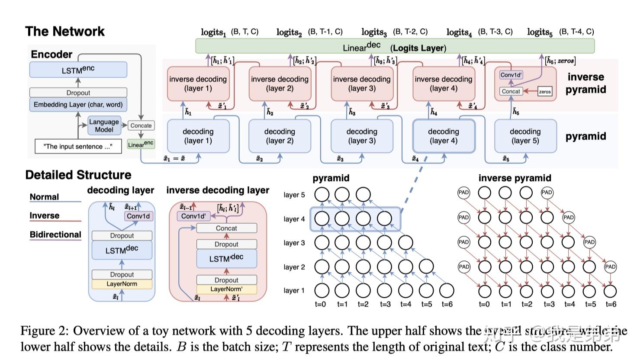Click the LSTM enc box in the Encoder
78,70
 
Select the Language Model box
104,125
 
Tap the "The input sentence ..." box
77,147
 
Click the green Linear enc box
141,144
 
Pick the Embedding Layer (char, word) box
78,104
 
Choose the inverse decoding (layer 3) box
361,84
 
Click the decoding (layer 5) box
525,136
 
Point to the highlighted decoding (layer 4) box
444,136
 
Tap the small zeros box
545,92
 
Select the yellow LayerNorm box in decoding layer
122,284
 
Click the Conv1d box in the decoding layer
138,216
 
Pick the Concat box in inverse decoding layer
226,228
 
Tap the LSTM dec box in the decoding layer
122,250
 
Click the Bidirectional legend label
55,235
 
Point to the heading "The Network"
65,31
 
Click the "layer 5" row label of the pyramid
294,195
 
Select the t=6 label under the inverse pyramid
611,304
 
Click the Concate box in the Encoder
141,125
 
